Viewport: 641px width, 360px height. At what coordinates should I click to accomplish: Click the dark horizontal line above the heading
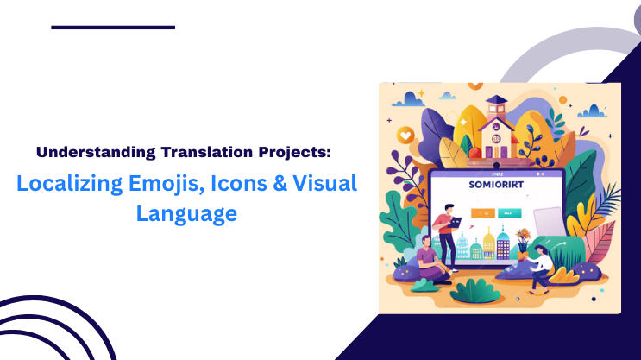click(113, 28)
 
